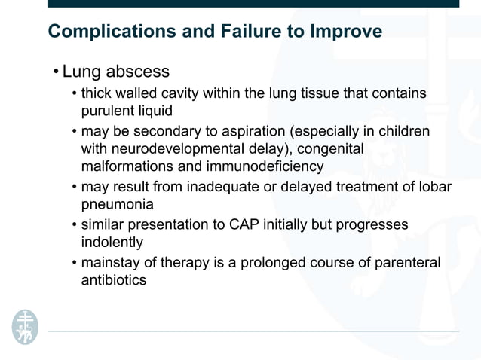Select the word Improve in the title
tap(346, 32)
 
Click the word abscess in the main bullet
tap(137, 72)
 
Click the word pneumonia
tap(116, 204)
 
